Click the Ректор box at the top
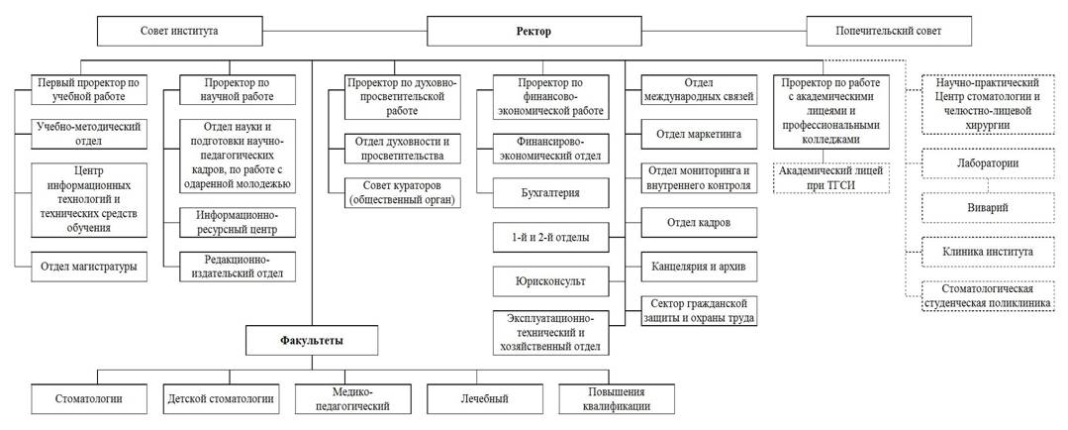(x=533, y=31)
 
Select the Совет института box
(x=179, y=31)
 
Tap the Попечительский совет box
(x=888, y=31)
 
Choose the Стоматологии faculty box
(x=89, y=399)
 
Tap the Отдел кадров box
(x=699, y=222)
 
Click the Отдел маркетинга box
(x=699, y=131)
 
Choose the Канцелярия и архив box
(x=699, y=267)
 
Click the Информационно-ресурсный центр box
(x=238, y=222)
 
